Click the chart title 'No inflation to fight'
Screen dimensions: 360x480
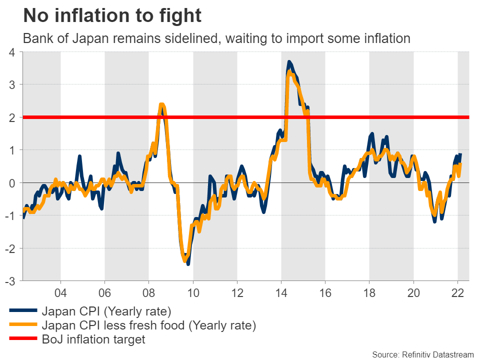[112, 16]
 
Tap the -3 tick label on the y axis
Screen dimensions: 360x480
[11, 281]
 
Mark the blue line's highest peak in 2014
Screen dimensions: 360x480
[289, 62]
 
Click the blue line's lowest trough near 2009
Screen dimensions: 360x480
[188, 263]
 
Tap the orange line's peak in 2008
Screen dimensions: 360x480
[161, 105]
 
